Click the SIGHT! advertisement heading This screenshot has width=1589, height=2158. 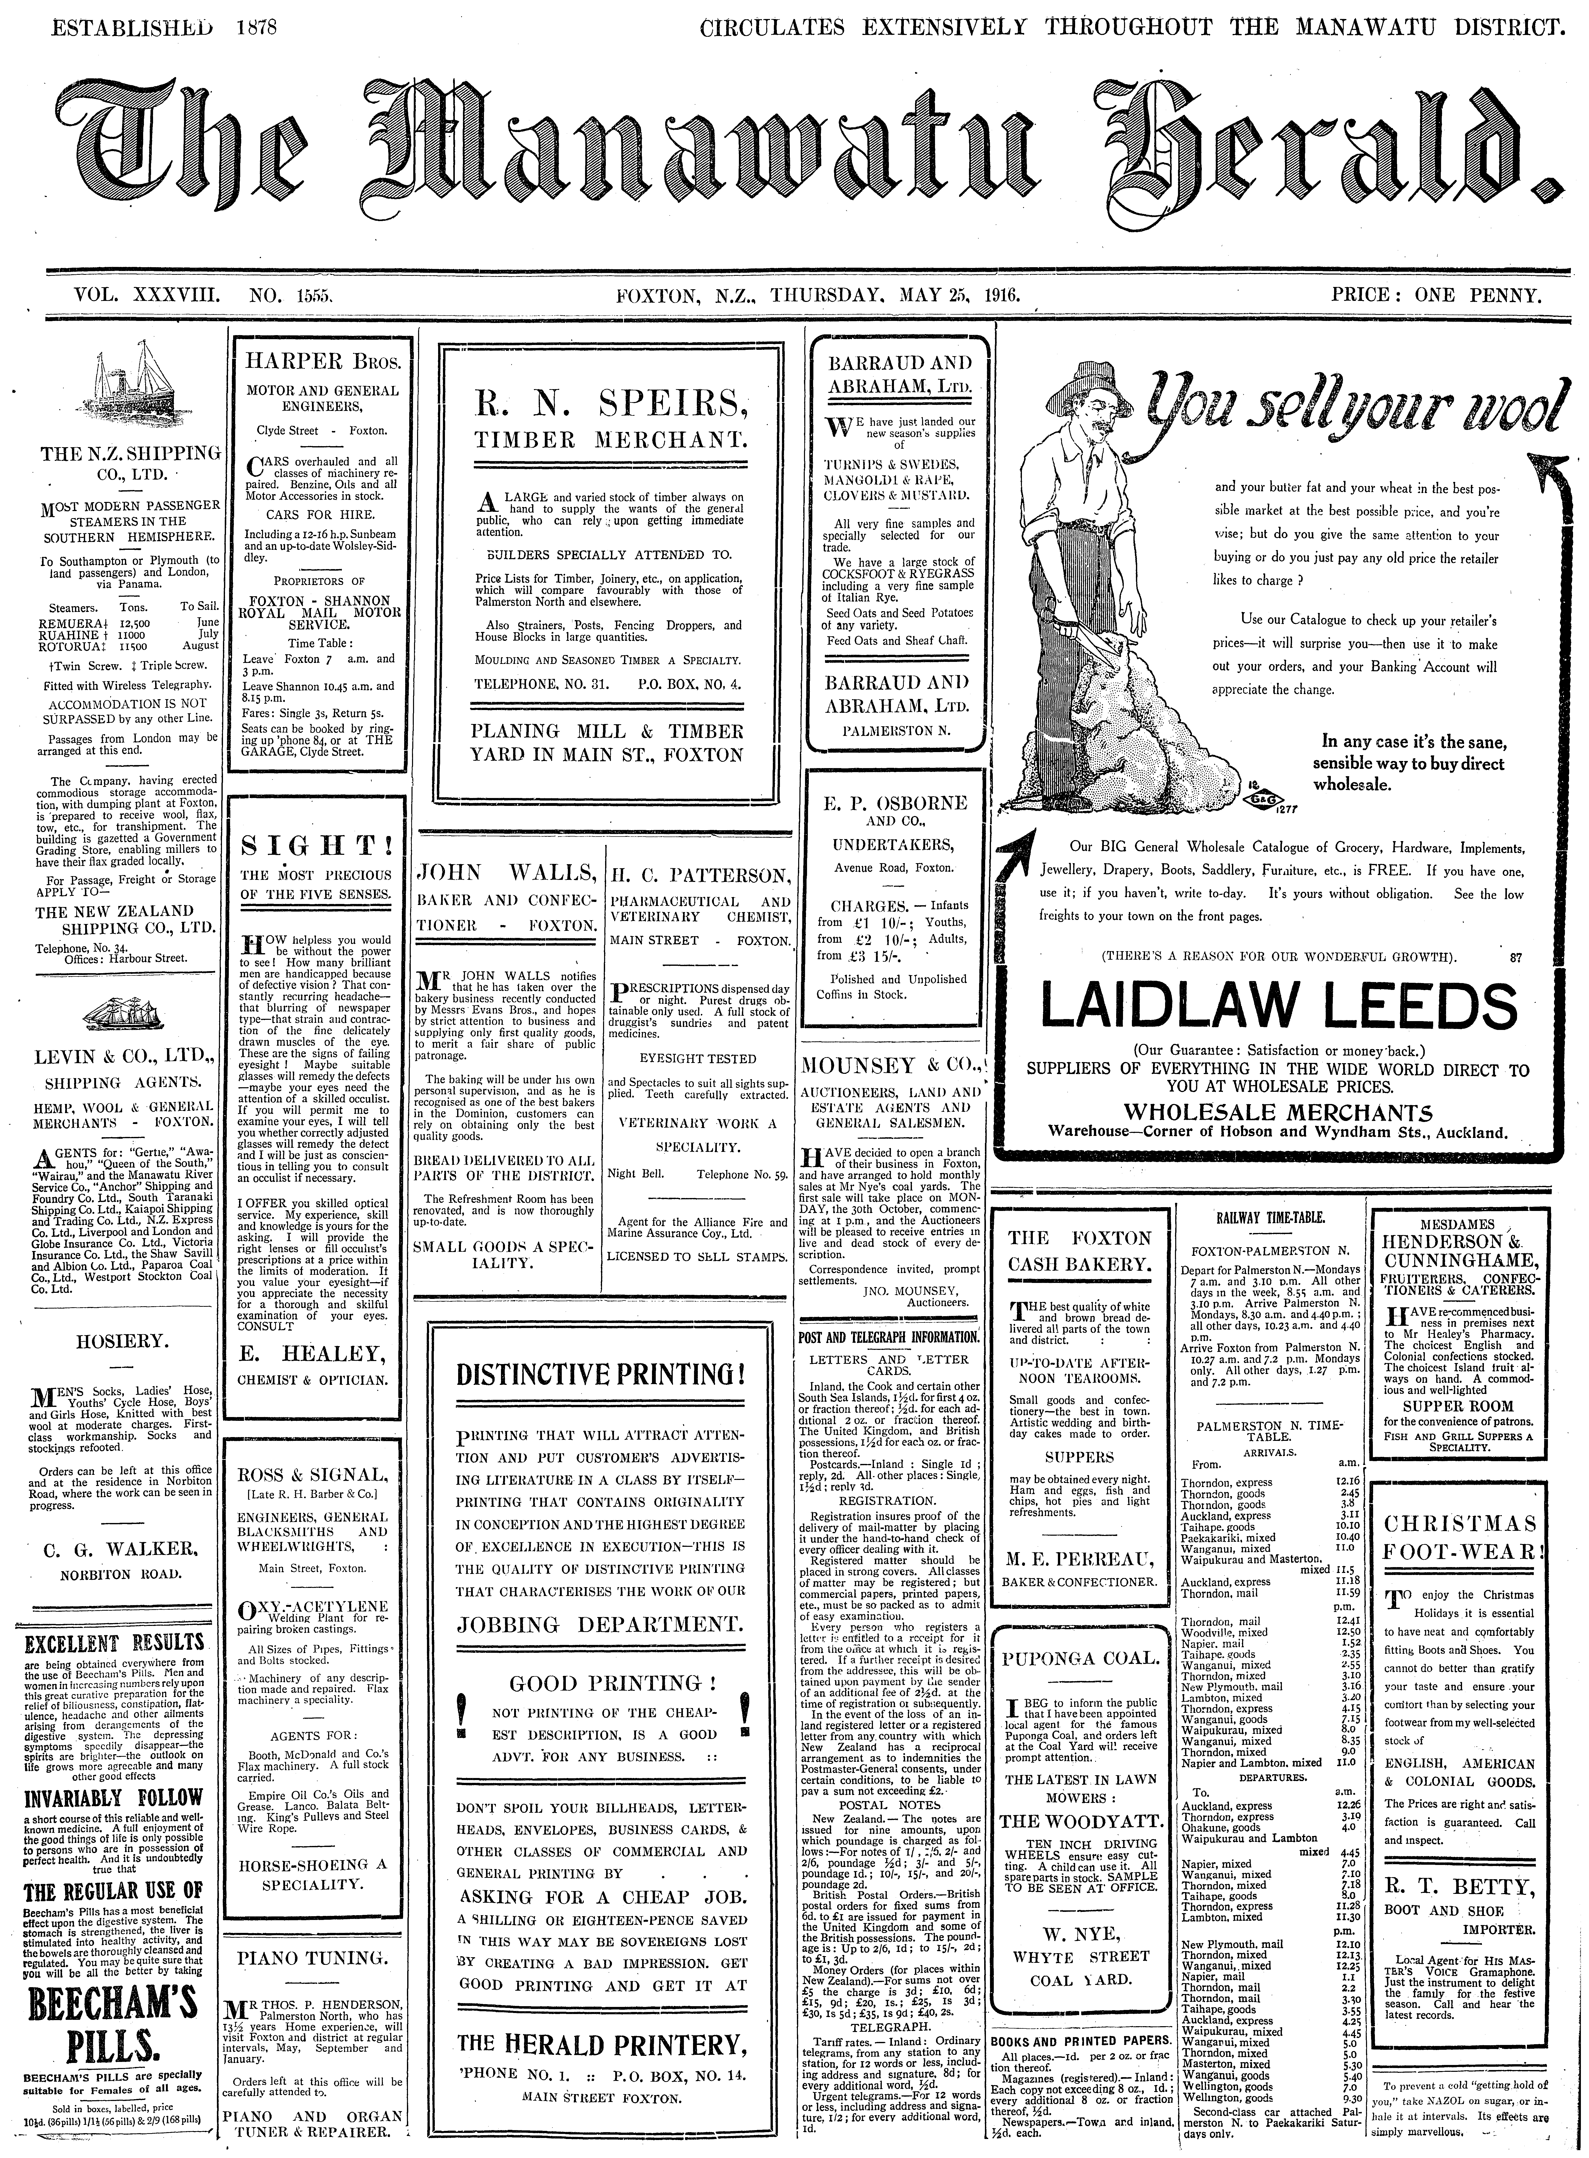[x=316, y=847]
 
